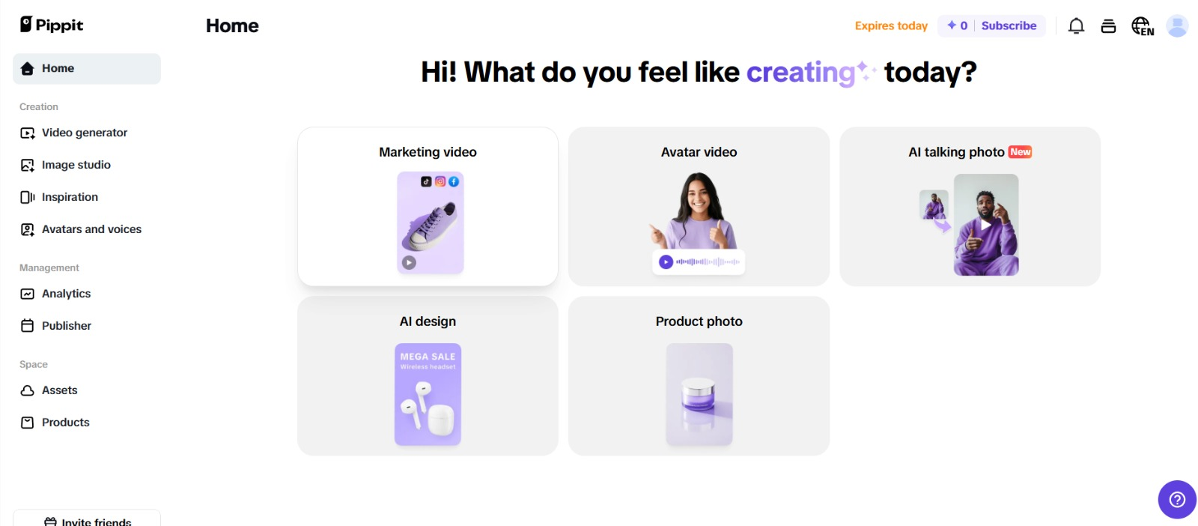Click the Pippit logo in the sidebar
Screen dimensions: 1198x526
coord(52,25)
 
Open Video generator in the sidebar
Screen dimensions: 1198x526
coord(74,133)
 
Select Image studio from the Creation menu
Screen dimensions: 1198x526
coord(65,165)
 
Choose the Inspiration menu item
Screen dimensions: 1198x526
coord(59,197)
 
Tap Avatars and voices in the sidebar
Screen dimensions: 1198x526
coord(81,229)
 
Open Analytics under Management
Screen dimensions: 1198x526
coord(55,294)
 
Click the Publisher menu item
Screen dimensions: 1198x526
coord(55,326)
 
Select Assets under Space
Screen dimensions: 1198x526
coord(49,390)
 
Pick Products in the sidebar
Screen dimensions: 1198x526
coord(55,422)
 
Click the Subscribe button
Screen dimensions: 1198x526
coord(1009,25)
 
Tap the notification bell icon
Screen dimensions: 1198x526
coord(1076,25)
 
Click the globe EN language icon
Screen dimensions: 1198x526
coord(1143,25)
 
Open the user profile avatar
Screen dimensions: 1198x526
coord(1177,25)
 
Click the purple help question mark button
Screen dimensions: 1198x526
coord(1177,500)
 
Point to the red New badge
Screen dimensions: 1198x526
coord(1020,152)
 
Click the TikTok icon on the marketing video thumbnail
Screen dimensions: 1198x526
coord(426,181)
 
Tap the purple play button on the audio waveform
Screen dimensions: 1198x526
coord(666,262)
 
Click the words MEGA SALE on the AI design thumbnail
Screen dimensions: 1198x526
coord(428,357)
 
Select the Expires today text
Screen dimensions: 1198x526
coord(891,25)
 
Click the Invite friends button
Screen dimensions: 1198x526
coord(87,520)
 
